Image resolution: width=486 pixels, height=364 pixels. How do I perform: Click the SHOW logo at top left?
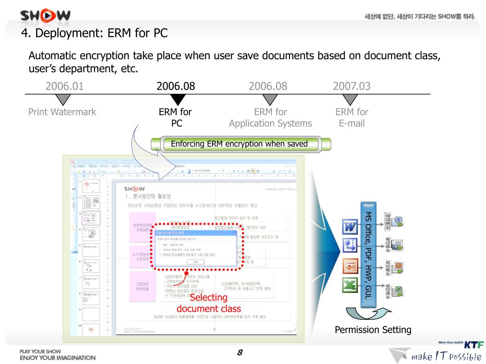coord(46,15)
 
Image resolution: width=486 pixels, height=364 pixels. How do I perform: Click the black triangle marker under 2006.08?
coord(177,99)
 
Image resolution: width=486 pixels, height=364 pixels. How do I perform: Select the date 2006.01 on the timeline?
coord(64,86)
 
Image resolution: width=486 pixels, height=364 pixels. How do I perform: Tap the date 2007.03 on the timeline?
coord(352,86)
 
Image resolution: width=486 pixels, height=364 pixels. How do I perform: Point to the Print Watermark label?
coord(62,112)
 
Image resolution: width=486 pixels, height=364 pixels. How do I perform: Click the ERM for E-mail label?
coord(352,118)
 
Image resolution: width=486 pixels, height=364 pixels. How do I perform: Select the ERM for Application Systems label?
coord(271,118)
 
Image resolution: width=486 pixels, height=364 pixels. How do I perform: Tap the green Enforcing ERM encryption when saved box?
coord(239,144)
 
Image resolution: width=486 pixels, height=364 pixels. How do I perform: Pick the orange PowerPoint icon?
coord(350,265)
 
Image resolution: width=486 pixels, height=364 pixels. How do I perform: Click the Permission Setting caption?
coord(373,330)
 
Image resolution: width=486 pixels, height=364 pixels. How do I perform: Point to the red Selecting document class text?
coord(209,303)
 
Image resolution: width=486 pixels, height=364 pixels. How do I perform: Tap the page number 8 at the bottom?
coord(240,353)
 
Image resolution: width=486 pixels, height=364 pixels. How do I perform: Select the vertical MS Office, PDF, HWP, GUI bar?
coord(367,251)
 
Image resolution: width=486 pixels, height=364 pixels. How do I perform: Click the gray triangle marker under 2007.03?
coord(350,99)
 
